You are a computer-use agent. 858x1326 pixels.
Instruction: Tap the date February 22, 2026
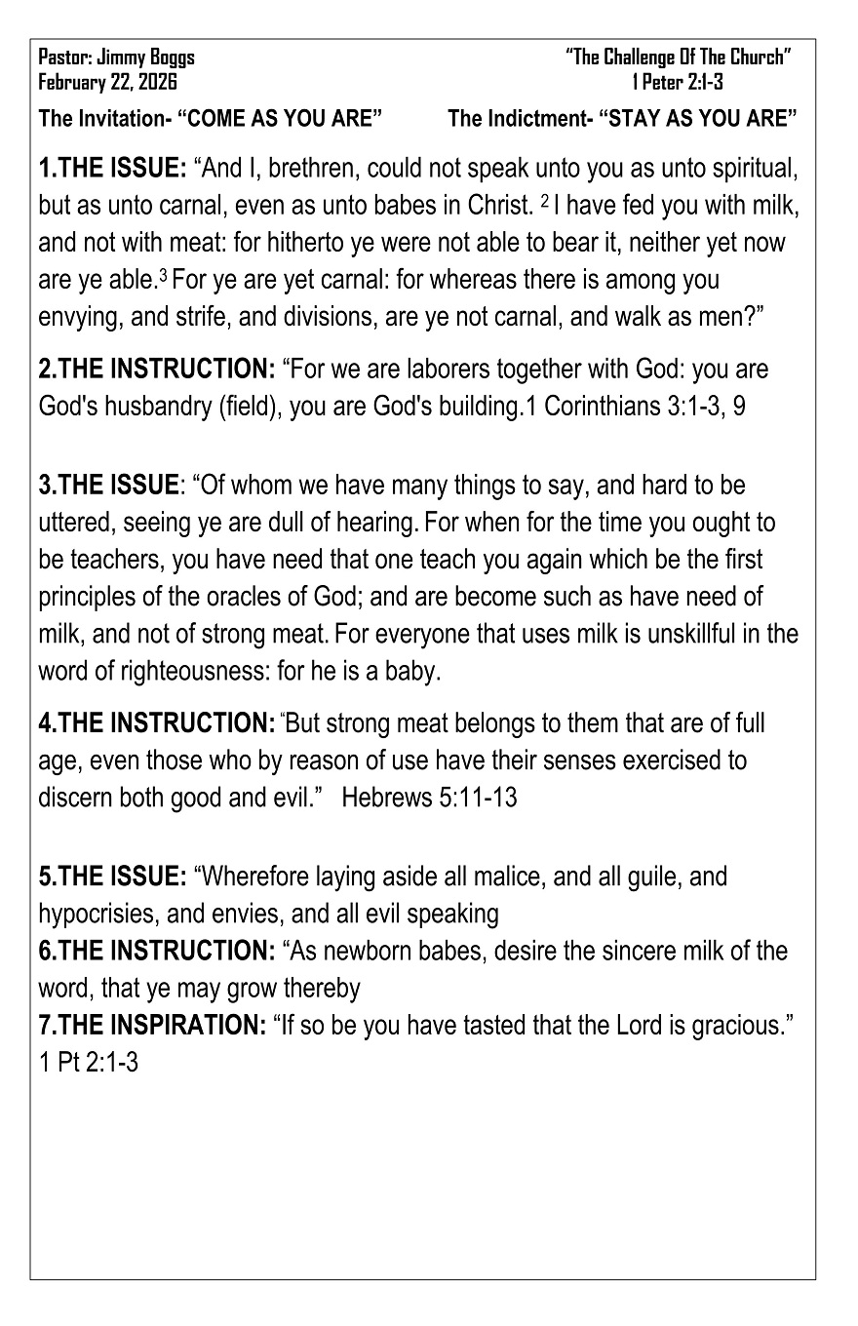click(x=108, y=82)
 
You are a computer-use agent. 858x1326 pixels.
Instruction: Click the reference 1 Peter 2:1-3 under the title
click(x=678, y=82)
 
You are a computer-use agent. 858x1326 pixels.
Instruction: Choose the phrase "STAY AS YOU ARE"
click(x=699, y=119)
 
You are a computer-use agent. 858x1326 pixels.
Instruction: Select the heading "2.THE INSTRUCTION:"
click(x=156, y=370)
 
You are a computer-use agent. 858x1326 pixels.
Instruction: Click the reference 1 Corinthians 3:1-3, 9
click(x=636, y=406)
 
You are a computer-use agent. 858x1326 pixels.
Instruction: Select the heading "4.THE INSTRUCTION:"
click(x=156, y=723)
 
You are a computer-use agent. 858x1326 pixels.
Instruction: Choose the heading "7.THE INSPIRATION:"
click(x=152, y=1024)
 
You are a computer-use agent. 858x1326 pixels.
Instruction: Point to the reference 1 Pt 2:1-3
click(x=89, y=1061)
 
